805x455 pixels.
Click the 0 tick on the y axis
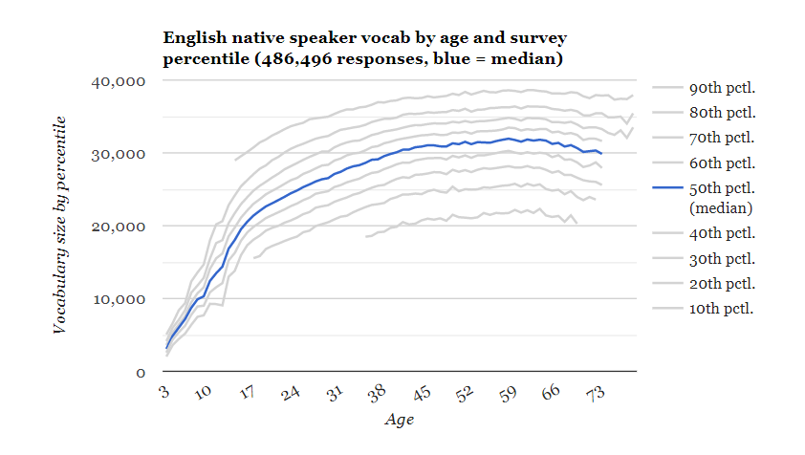pyautogui.click(x=139, y=372)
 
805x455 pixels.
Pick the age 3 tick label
pyautogui.click(x=164, y=392)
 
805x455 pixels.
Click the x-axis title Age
pyautogui.click(x=399, y=419)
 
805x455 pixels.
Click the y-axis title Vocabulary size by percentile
pyautogui.click(x=59, y=225)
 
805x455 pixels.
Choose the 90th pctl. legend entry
pyautogui.click(x=722, y=89)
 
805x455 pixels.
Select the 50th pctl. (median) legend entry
pyautogui.click(x=722, y=197)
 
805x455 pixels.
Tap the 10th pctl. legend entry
pyautogui.click(x=722, y=308)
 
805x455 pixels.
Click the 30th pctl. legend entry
pyautogui.click(x=722, y=259)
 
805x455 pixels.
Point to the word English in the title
pyautogui.click(x=195, y=38)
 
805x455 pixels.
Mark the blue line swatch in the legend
pyautogui.click(x=667, y=187)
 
